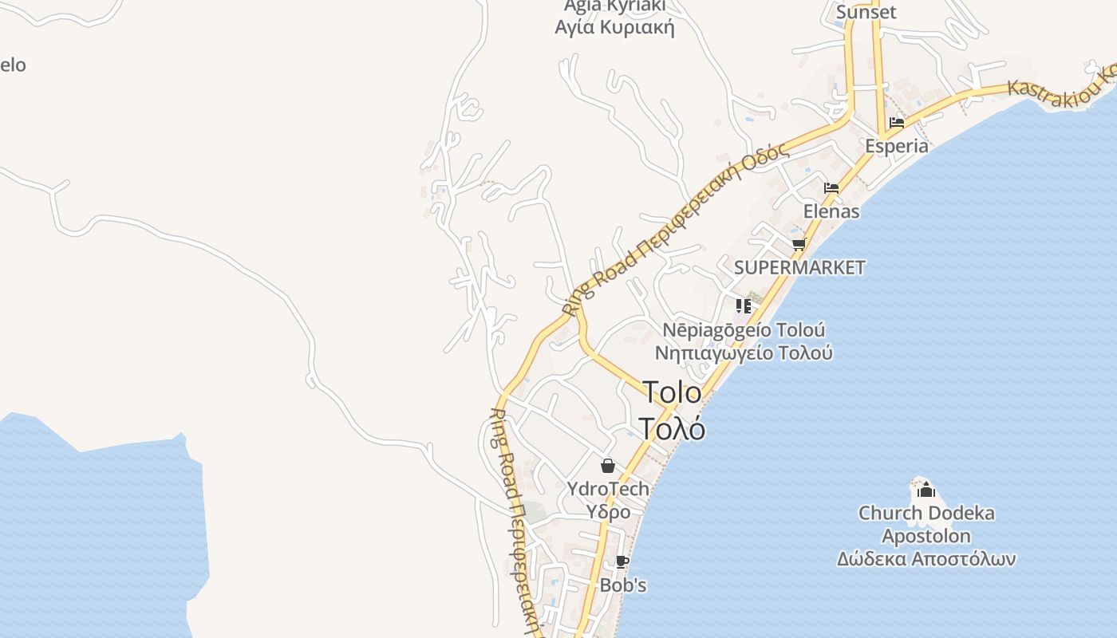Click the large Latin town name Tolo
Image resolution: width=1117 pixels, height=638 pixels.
pyautogui.click(x=672, y=392)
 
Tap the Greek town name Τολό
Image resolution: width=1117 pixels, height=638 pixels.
pyautogui.click(x=672, y=429)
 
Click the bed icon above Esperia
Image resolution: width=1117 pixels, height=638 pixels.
pyautogui.click(x=897, y=123)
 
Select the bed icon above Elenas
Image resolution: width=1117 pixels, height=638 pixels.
pyautogui.click(x=831, y=188)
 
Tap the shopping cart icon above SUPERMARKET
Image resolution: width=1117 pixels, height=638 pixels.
pyautogui.click(x=799, y=244)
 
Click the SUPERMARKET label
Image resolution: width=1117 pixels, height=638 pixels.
pyautogui.click(x=799, y=267)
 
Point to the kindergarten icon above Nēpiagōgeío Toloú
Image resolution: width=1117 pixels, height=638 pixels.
pyautogui.click(x=744, y=305)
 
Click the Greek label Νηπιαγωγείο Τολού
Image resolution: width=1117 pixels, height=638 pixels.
pyautogui.click(x=744, y=352)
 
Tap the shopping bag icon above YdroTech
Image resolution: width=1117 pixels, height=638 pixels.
pyautogui.click(x=608, y=466)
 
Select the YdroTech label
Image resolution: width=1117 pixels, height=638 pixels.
pyautogui.click(x=608, y=488)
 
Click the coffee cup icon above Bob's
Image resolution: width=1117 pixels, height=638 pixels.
pyautogui.click(x=622, y=562)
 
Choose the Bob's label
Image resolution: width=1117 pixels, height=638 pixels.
pyautogui.click(x=622, y=585)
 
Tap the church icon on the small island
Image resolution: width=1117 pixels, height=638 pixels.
pyautogui.click(x=926, y=489)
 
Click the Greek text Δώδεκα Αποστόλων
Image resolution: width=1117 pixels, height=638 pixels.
pyautogui.click(x=926, y=559)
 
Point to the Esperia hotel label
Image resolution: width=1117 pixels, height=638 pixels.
pyautogui.click(x=897, y=146)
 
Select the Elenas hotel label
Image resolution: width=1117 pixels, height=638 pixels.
pyautogui.click(x=831, y=211)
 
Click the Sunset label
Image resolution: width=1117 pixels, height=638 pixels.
pyautogui.click(x=866, y=12)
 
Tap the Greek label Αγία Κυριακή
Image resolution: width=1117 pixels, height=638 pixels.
pyautogui.click(x=614, y=28)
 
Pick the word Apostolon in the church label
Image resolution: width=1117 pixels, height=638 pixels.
pyautogui.click(x=926, y=536)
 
